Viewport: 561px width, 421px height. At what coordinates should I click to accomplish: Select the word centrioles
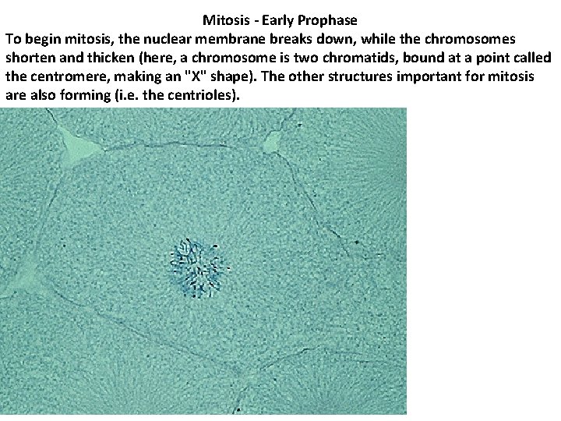pyautogui.click(x=209, y=95)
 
